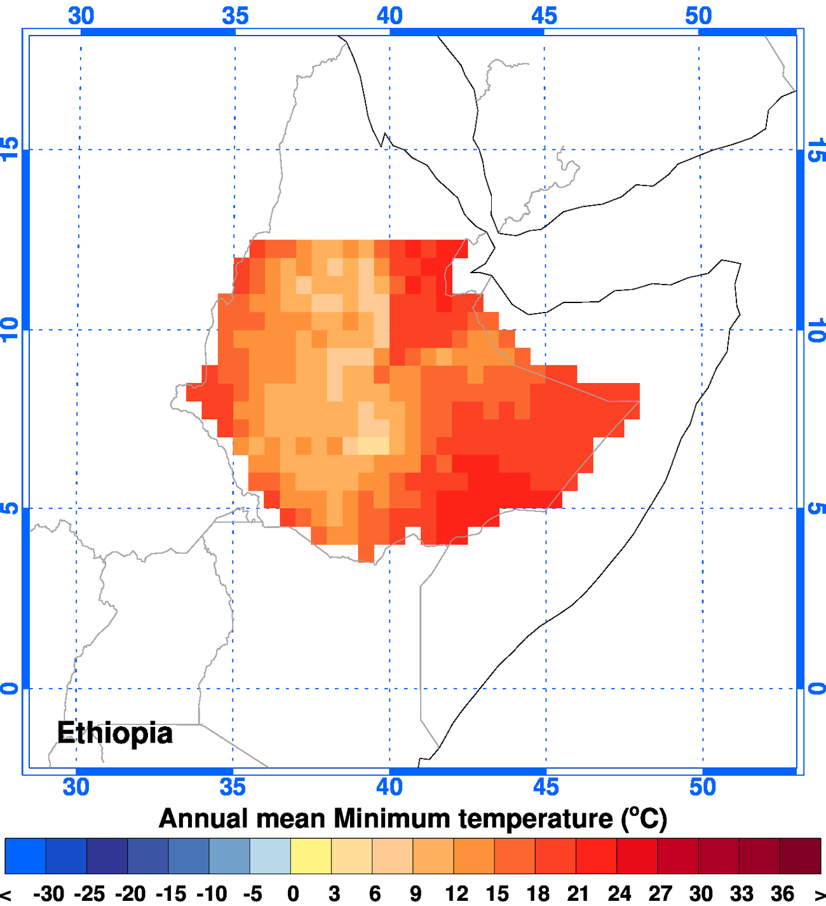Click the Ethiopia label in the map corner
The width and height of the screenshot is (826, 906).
[x=114, y=733]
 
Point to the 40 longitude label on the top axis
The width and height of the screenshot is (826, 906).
[x=389, y=16]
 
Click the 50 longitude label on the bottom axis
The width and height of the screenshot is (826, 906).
[x=702, y=787]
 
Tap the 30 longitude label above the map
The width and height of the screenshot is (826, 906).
[x=81, y=16]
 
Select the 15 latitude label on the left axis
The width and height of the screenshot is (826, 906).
[x=10, y=150]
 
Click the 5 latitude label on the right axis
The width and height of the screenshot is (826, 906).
[x=816, y=508]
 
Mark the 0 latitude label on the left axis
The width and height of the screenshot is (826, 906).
[x=10, y=688]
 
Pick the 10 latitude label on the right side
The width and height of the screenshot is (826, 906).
[x=816, y=330]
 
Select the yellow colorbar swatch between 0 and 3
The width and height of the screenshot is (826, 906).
[x=311, y=856]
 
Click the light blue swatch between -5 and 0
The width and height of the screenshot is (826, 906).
[x=270, y=856]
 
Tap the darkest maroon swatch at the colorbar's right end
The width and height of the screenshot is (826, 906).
[x=800, y=856]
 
